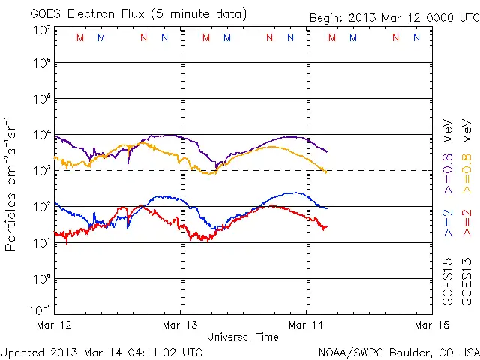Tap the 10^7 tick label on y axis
coord(41,30)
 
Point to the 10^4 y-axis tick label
coord(41,135)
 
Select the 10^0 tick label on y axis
coord(41,279)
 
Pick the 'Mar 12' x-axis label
coord(55,325)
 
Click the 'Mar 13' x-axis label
coord(180,325)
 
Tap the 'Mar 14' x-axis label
coord(306,325)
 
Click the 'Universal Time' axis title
coord(243,337)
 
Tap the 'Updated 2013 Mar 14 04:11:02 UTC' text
coord(101,351)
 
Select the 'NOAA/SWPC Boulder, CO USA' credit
coord(398,351)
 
